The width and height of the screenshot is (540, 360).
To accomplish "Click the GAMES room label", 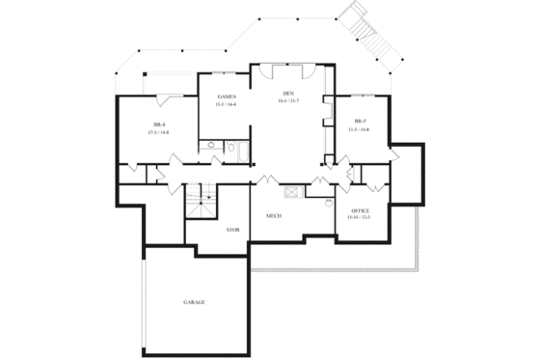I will (227, 97).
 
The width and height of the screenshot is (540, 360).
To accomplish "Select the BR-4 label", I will (160, 124).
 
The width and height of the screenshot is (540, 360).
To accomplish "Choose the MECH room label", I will (274, 216).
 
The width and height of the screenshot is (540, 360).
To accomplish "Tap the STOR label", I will (232, 230).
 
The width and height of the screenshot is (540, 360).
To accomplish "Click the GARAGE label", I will (194, 302).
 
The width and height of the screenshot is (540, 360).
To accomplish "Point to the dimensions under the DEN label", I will (286, 101).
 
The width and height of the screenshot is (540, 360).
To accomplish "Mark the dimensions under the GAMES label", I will (227, 104).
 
